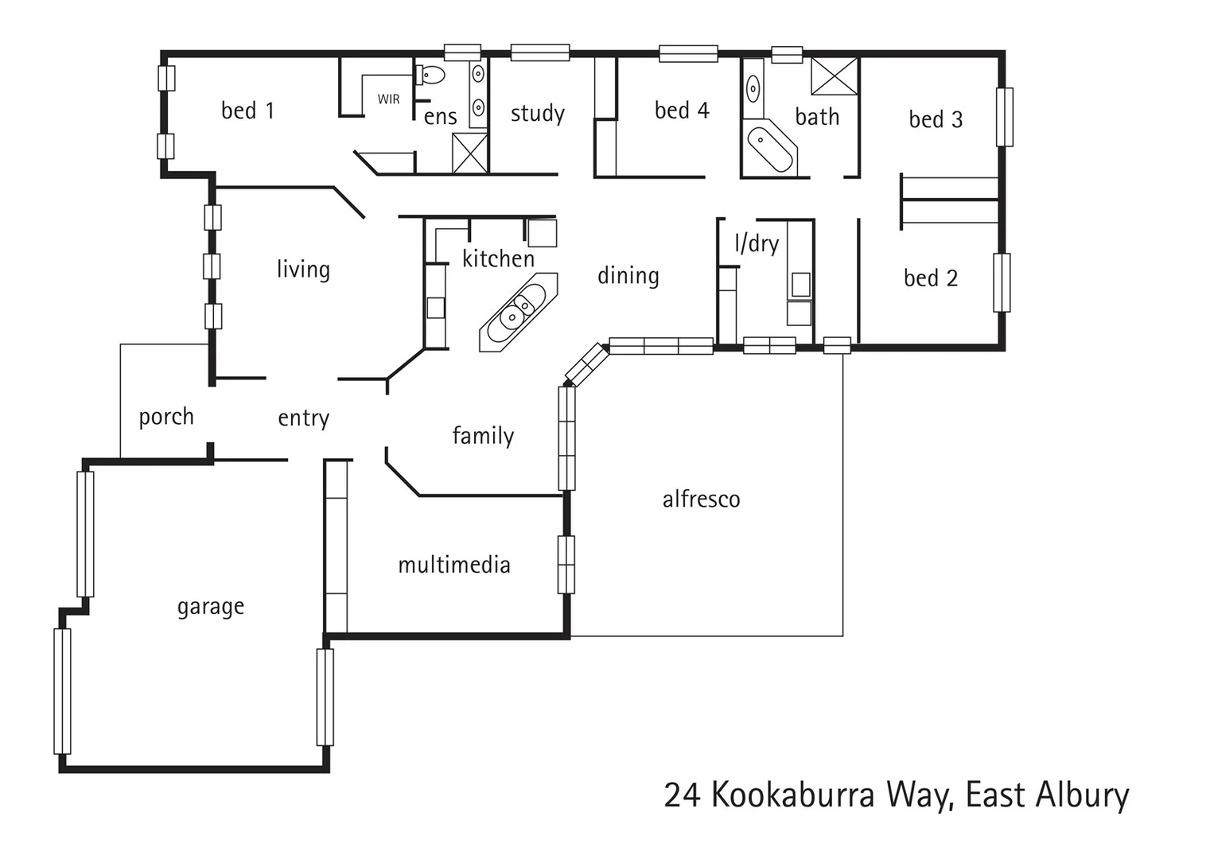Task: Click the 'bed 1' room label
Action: pos(247,111)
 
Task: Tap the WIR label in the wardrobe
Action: pos(388,99)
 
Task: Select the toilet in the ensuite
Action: pos(430,76)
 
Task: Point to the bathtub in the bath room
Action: pos(771,149)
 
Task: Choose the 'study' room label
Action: pos(537,114)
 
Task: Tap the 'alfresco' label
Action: pos(701,499)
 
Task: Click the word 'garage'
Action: pos(210,607)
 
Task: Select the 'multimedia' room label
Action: pos(453,566)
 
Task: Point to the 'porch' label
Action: pos(165,417)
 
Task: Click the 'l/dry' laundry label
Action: pos(756,243)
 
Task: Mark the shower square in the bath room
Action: pos(835,76)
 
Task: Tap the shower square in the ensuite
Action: pos(469,153)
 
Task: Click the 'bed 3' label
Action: pos(936,119)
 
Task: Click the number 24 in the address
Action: pos(682,795)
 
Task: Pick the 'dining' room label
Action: pos(628,276)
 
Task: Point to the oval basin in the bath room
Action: pos(753,87)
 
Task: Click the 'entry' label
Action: pos(303,418)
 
